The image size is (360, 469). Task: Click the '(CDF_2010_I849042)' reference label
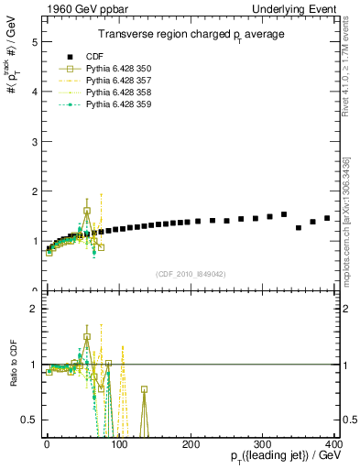[x=191, y=274]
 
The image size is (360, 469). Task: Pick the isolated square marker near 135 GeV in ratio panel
[x=144, y=389]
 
